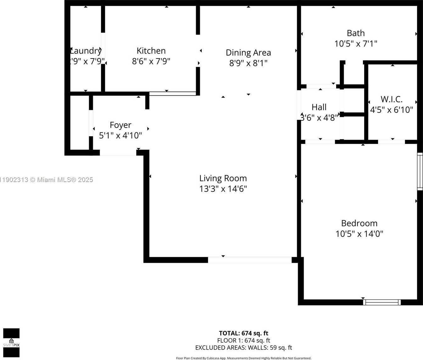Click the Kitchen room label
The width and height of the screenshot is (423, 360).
coord(151,51)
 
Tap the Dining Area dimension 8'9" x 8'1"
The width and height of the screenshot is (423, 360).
coord(248,63)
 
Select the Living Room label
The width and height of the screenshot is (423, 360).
coord(223,178)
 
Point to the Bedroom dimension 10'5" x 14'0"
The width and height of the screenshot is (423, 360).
coord(359,234)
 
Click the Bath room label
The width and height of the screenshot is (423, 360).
coord(356,33)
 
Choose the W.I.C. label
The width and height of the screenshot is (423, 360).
coord(392,99)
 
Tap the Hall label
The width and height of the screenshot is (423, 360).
coord(319,107)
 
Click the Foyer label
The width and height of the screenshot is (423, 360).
coord(120,125)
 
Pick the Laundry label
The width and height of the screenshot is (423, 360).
coord(86,51)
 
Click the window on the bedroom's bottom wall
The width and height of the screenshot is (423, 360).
coord(382,302)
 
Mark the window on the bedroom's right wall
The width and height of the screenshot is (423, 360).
coord(420,171)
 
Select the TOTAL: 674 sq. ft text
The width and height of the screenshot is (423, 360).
coord(243,333)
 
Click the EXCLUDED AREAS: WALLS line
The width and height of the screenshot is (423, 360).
coord(243,348)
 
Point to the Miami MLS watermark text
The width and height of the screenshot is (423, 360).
coord(47,180)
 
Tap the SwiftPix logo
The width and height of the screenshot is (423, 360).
coord(11,343)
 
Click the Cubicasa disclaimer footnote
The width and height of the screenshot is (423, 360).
coord(243,358)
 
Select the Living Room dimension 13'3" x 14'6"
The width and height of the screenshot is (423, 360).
coord(223,189)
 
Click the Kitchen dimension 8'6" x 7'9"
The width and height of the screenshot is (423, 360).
coord(151,61)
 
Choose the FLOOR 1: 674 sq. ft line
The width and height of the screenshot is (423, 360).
coord(243,341)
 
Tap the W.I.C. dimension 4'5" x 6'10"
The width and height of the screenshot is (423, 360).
coord(392,110)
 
